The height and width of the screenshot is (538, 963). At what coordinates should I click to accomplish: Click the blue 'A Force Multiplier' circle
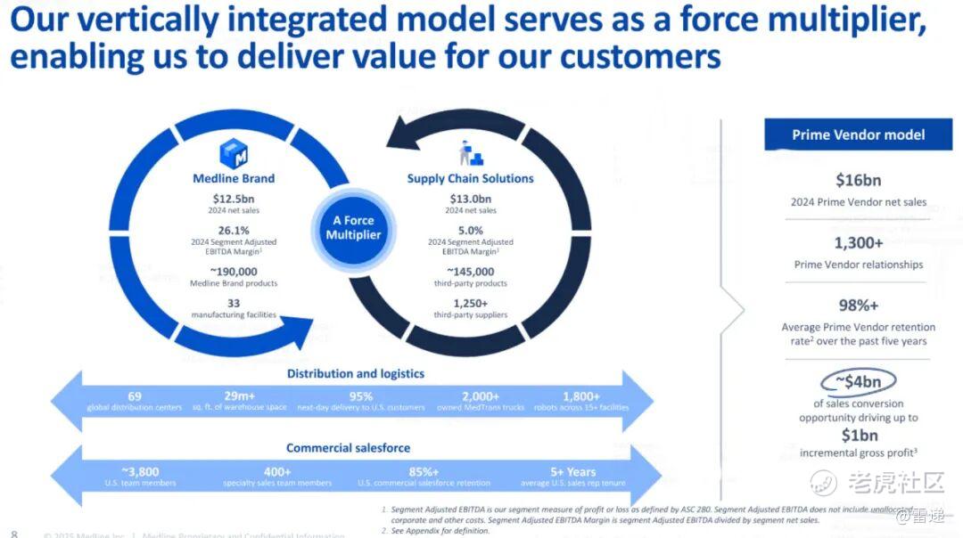pyautogui.click(x=353, y=228)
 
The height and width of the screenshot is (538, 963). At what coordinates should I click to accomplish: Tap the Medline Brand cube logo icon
pyautogui.click(x=234, y=153)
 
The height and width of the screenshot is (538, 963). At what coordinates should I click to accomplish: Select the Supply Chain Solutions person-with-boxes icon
pyautogui.click(x=469, y=153)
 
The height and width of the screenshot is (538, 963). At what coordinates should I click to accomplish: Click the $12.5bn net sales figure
pyautogui.click(x=234, y=198)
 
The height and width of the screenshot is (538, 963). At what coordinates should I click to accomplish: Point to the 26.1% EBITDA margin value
pyautogui.click(x=234, y=230)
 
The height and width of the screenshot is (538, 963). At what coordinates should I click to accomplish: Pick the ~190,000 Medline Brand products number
pyautogui.click(x=234, y=272)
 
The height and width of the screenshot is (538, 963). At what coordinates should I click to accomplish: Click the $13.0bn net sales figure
pyautogui.click(x=470, y=198)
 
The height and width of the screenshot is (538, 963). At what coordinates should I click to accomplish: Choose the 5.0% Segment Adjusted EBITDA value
pyautogui.click(x=470, y=230)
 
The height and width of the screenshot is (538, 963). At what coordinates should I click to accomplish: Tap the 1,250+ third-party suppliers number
pyautogui.click(x=470, y=303)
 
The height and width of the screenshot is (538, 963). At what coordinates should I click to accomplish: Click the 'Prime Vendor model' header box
pyautogui.click(x=858, y=134)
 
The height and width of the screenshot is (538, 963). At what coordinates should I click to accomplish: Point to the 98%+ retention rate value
pyautogui.click(x=858, y=306)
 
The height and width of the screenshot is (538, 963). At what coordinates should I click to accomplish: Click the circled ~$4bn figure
pyautogui.click(x=858, y=382)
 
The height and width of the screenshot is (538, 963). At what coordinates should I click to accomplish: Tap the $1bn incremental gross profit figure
pyautogui.click(x=859, y=436)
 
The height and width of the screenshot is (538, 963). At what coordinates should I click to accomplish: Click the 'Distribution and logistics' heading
pyautogui.click(x=355, y=373)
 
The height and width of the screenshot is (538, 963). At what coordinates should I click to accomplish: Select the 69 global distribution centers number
pyautogui.click(x=135, y=395)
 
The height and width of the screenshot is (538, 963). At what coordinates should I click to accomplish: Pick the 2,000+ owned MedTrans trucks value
pyautogui.click(x=481, y=395)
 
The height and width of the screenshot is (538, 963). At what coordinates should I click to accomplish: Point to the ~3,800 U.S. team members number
pyautogui.click(x=140, y=471)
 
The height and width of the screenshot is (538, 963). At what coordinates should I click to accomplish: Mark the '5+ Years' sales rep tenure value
pyautogui.click(x=572, y=471)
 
